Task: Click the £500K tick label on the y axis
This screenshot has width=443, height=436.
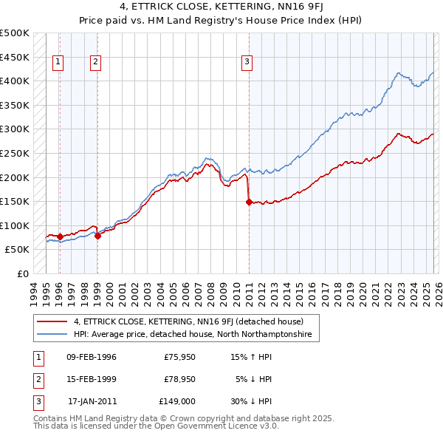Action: click(15, 33)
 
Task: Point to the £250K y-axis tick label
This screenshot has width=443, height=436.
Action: click(15, 153)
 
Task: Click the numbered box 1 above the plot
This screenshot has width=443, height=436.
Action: click(58, 63)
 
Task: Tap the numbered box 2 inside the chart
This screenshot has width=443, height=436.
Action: click(96, 63)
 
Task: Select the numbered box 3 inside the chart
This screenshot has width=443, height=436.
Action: click(247, 63)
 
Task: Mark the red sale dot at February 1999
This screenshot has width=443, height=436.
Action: click(97, 236)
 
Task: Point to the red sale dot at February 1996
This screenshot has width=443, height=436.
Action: click(60, 237)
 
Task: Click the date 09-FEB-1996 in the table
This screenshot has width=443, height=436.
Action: click(92, 357)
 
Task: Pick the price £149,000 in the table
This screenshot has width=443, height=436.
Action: click(177, 401)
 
